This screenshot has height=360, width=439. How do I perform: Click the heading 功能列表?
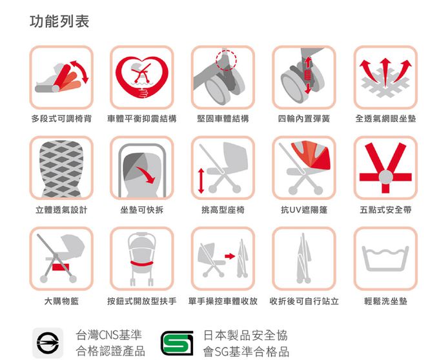pyautogui.click(x=59, y=21)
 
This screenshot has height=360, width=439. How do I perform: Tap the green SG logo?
pyautogui.click(x=177, y=343)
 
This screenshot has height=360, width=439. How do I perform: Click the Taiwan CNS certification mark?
pyautogui.click(x=48, y=343)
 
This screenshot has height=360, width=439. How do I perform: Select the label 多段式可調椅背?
pyautogui.click(x=61, y=119)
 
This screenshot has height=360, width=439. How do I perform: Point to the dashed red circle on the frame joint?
pyautogui.click(x=226, y=60)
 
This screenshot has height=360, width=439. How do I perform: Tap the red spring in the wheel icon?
pyautogui.click(x=308, y=75)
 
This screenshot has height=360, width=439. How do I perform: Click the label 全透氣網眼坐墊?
pyautogui.click(x=385, y=119)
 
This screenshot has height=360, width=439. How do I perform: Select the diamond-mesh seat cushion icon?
pyautogui.click(x=61, y=168)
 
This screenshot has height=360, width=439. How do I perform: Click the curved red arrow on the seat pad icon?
pyautogui.click(x=146, y=175)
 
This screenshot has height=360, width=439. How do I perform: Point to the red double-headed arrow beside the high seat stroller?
pyautogui.click(x=201, y=181)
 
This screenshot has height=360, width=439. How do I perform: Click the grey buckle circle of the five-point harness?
pyautogui.click(x=386, y=177)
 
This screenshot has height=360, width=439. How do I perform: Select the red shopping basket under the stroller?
pyautogui.click(x=61, y=267)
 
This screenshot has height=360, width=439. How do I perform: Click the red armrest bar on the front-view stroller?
pyautogui.click(x=141, y=264)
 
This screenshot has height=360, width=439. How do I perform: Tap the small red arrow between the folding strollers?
pyautogui.click(x=230, y=256)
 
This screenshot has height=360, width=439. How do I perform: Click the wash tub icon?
pyautogui.click(x=385, y=259)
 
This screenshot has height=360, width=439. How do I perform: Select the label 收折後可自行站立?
pyautogui.click(x=304, y=301)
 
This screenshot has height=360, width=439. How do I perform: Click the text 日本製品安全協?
pyautogui.click(x=245, y=335)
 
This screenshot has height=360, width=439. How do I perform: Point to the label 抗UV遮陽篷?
pyautogui.click(x=304, y=210)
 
